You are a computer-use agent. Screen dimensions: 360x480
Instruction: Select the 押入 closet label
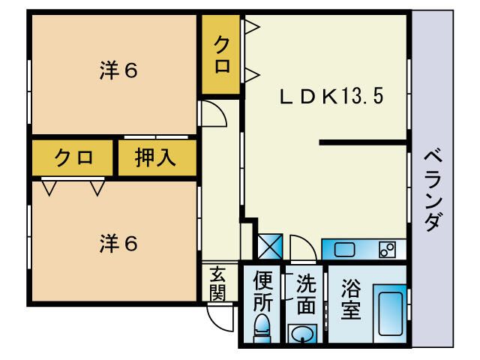[x=155, y=158]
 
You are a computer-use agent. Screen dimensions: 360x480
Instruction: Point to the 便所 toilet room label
[x=262, y=291]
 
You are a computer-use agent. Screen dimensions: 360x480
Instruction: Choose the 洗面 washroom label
[x=306, y=294]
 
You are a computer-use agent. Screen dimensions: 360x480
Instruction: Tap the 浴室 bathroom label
[x=352, y=298]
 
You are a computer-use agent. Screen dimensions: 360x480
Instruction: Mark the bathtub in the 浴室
[x=389, y=313]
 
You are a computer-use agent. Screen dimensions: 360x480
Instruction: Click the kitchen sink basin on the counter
[x=346, y=249]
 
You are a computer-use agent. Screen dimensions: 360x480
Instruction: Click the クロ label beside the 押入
[x=73, y=158]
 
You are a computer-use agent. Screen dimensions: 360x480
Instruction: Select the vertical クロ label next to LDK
[x=222, y=55]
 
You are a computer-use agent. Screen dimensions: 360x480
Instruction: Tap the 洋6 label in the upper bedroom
[x=118, y=71]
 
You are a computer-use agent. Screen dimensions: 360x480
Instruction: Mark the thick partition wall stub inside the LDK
[x=364, y=141]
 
